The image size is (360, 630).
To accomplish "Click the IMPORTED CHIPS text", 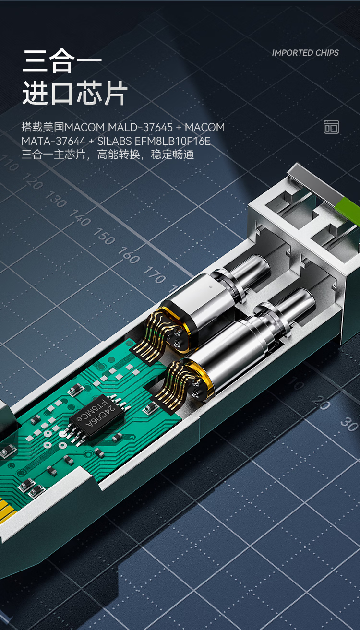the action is pos(305,53).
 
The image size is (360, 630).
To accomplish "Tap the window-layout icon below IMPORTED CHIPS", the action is pos(331,127).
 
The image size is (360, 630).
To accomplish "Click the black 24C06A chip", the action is pos(97,416).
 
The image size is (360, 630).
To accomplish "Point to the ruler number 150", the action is pos(104,236).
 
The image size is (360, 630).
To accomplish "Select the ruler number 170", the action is pos(155,275).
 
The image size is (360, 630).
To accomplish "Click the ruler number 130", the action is pos(56,199).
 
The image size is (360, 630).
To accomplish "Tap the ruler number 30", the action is pos(349,424).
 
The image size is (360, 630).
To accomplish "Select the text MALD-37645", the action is pos(140,127).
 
